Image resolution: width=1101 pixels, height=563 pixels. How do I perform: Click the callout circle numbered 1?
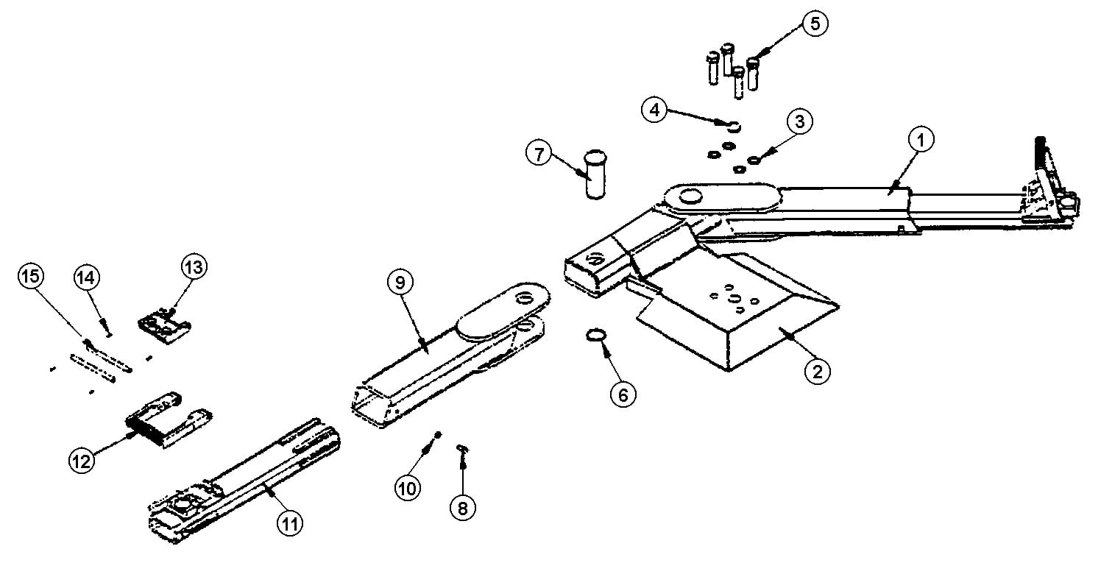(921, 140)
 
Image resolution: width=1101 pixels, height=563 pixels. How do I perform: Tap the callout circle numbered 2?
(818, 371)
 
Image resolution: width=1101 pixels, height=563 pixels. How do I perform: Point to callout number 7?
(539, 154)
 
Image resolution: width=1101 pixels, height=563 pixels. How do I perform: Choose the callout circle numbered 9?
(400, 283)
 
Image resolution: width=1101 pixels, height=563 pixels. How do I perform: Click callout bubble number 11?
(289, 524)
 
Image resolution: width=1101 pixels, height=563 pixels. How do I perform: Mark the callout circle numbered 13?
(194, 267)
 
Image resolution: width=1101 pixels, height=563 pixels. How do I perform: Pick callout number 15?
(31, 276)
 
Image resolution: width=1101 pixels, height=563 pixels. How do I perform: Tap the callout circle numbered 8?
(462, 508)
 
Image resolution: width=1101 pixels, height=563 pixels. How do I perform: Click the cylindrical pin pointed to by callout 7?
(595, 174)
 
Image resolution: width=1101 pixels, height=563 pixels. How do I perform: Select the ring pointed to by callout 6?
(596, 336)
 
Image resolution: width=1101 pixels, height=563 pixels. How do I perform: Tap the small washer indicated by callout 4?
(734, 127)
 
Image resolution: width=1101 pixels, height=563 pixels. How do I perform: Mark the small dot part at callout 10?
(439, 434)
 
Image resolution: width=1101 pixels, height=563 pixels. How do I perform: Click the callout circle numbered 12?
(81, 461)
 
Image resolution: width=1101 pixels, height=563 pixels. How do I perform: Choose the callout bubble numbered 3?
(800, 121)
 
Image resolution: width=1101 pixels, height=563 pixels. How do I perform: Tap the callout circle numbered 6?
(623, 394)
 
